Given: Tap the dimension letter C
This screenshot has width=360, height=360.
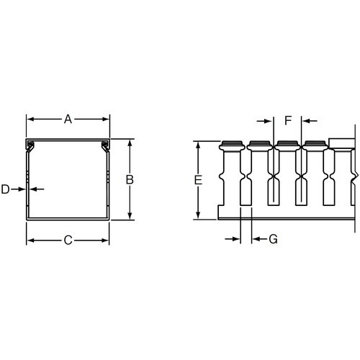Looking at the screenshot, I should point(68,240).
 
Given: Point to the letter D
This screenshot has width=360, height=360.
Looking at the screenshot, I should point(5,189).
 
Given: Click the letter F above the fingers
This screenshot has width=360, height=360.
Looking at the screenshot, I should point(288,120).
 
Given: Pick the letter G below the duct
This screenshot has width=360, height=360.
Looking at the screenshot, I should point(273,240).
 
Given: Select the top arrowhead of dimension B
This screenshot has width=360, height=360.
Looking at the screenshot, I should point(130,143).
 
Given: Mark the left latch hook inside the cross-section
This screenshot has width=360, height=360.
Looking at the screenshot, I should point(31,148).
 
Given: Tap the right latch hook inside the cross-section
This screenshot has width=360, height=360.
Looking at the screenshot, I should point(104,148).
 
